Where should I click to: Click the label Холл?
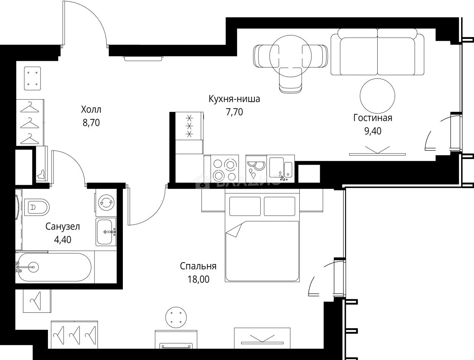(91, 110)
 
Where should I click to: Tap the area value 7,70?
(234, 112)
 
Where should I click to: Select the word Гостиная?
(372, 118)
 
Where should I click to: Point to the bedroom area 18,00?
(198, 279)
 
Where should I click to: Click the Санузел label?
(63, 227)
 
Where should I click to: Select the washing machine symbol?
(106, 202)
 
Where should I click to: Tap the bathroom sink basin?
(105, 232)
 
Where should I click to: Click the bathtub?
(54, 267)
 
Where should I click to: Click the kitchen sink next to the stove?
(280, 168)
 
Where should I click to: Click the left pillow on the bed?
(245, 206)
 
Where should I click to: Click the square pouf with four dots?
(32, 78)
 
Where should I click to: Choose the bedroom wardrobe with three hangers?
(74, 334)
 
